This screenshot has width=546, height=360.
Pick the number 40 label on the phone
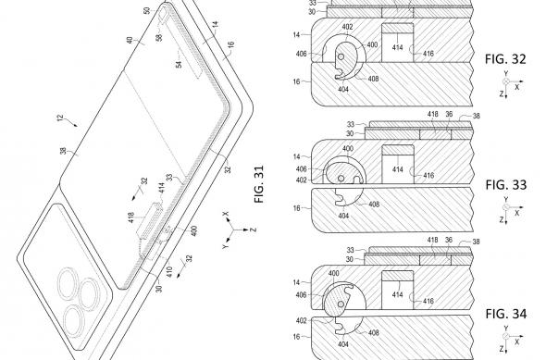(x=128, y=41)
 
